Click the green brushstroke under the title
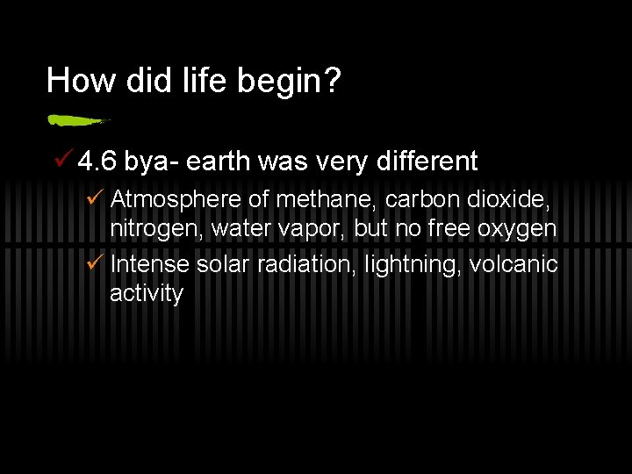pos(76,119)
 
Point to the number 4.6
pos(97,162)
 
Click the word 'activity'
pos(146,294)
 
